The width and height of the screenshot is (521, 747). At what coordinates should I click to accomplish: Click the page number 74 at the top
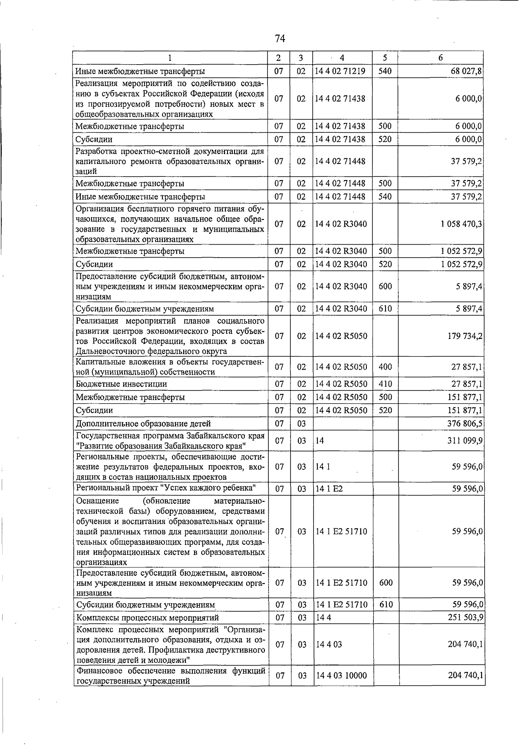point(280,39)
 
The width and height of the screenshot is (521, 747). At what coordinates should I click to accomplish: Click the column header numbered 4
point(342,58)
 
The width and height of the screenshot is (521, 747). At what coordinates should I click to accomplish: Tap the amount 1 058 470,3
point(461,224)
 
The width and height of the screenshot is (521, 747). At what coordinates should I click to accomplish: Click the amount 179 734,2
point(465,336)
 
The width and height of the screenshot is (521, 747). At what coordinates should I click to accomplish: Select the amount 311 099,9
point(465,441)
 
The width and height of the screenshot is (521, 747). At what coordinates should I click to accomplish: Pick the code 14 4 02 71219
point(340,71)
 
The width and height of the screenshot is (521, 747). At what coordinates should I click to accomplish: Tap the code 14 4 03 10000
point(342,675)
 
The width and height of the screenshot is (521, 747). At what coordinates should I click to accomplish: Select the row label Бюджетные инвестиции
point(121,384)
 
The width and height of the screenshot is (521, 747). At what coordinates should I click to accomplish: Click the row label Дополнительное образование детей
point(143,423)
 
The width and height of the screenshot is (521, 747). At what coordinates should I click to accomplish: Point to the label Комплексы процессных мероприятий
point(147,617)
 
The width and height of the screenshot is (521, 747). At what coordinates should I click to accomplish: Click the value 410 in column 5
point(385,384)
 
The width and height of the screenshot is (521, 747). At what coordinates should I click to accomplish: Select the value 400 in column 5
point(385,367)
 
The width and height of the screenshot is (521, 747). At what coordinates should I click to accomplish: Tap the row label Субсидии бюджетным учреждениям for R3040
point(145,309)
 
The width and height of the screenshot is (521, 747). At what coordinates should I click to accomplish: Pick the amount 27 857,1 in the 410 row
point(467,384)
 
